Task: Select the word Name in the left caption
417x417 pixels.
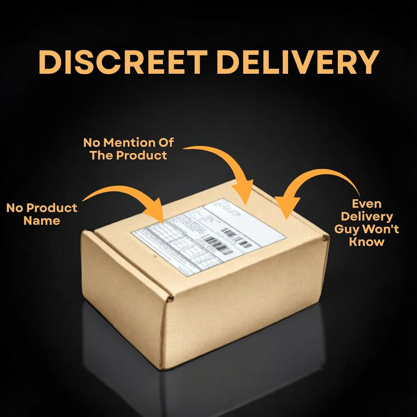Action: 42,221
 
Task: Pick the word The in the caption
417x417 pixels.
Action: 102,155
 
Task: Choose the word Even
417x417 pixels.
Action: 367,204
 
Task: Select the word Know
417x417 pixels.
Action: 367,242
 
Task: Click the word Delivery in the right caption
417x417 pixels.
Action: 367,217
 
